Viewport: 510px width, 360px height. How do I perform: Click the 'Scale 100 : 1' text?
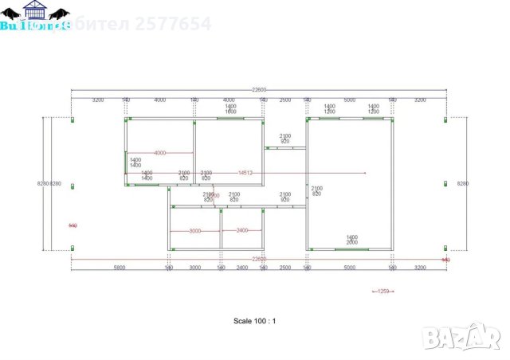pos(254,321)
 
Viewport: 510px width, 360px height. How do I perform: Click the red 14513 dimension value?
pos(245,173)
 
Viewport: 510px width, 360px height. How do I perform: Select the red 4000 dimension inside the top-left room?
pos(159,152)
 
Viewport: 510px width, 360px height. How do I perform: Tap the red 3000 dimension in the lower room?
pos(194,230)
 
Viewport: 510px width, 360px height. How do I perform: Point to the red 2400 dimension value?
pos(242,230)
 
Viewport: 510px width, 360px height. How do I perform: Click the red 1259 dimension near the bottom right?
pos(382,291)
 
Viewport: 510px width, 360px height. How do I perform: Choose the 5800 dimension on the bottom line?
pos(120,268)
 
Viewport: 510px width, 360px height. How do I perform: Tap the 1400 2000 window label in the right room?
pos(351,239)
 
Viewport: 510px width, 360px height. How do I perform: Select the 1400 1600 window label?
pos(230,108)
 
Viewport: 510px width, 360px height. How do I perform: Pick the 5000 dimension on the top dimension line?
pos(349,100)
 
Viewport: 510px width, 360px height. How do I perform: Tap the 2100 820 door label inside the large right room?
pos(316,190)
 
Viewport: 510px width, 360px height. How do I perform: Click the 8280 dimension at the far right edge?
pos(463,184)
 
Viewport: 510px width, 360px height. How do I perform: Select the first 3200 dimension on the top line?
pos(98,100)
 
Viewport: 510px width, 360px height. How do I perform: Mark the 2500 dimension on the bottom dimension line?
pos(284,268)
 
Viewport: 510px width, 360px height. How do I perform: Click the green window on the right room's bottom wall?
pos(351,249)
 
